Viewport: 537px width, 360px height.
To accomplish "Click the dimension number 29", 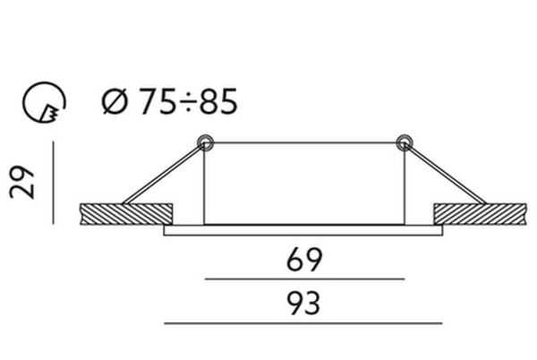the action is point(22,182).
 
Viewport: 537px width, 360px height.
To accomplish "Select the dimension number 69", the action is point(303,260).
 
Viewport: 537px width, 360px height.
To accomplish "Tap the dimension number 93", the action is point(303,304).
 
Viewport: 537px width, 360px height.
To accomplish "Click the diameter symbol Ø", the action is point(115,101).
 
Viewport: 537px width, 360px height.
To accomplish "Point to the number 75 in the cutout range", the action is point(158,101).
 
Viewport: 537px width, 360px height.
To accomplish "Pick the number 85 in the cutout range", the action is point(218,101).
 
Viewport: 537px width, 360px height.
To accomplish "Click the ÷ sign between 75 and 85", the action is point(188,102).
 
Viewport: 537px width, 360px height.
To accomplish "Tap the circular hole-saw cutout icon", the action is point(44,102).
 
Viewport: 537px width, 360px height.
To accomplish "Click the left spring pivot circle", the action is point(205,142).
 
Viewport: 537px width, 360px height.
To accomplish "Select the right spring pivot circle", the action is point(405,142).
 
